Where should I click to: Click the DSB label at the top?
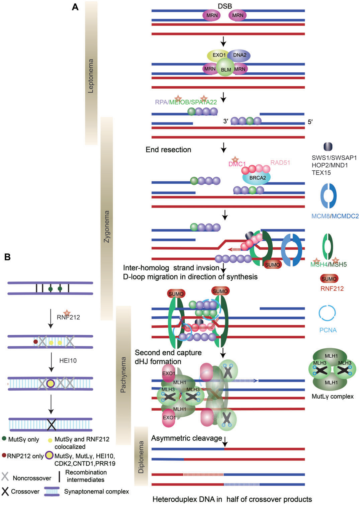pyautogui.click(x=225, y=6)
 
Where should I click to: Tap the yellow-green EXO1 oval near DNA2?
pyautogui.click(x=218, y=55)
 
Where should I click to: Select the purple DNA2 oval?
pyautogui.click(x=240, y=55)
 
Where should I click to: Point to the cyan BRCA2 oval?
pyautogui.click(x=257, y=178)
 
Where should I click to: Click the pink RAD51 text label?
pyautogui.click(x=280, y=163)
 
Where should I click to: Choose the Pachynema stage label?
pyautogui.click(x=123, y=374)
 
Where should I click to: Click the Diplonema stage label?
pyautogui.click(x=141, y=457)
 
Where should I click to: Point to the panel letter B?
pyautogui.click(x=7, y=257)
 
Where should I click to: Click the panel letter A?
pyautogui.click(x=75, y=7)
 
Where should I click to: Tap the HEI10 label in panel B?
pyautogui.click(x=68, y=361)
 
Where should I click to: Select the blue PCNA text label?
pyautogui.click(x=328, y=330)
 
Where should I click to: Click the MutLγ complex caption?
pyautogui.click(x=333, y=397)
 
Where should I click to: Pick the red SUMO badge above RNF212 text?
pyautogui.click(x=329, y=279)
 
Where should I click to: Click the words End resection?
pyautogui.click(x=168, y=150)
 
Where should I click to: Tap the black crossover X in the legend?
pyautogui.click(x=5, y=491)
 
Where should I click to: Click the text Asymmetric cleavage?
pyautogui.click(x=186, y=438)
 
